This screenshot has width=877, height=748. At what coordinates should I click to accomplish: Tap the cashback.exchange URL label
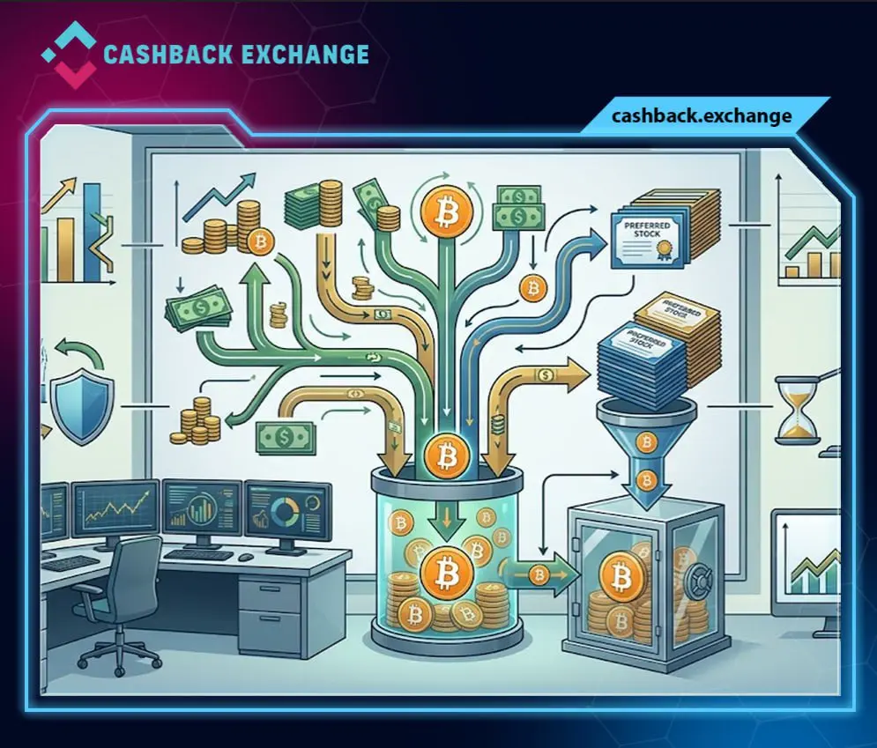coord(702,116)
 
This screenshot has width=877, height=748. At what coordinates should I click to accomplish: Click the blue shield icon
coord(78,406)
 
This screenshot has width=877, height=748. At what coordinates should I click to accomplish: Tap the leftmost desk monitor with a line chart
coord(115,510)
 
